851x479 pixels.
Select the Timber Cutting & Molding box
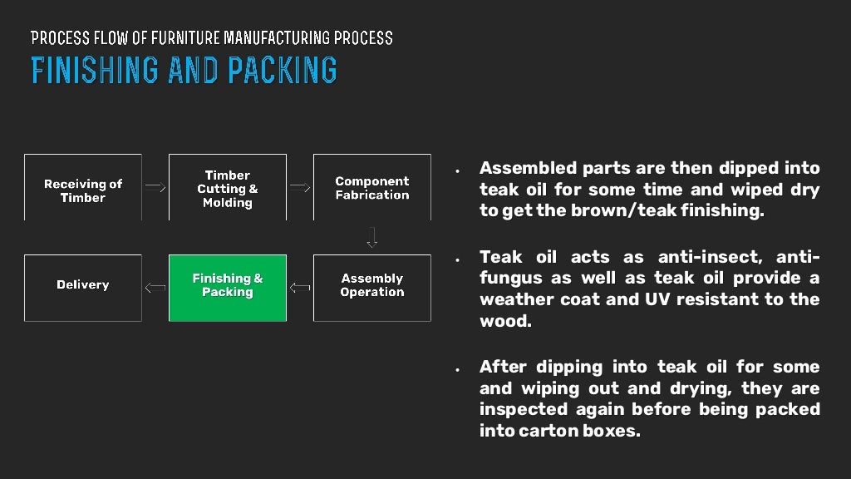227,188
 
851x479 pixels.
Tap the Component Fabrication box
371,188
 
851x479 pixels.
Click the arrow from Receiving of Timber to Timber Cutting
155,187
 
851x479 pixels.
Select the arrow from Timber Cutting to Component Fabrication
299,187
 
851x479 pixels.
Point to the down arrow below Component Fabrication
371,238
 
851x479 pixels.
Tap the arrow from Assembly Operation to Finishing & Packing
299,288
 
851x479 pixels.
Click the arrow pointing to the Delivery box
155,288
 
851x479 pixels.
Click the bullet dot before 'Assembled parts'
457,170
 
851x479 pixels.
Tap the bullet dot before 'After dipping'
457,369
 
